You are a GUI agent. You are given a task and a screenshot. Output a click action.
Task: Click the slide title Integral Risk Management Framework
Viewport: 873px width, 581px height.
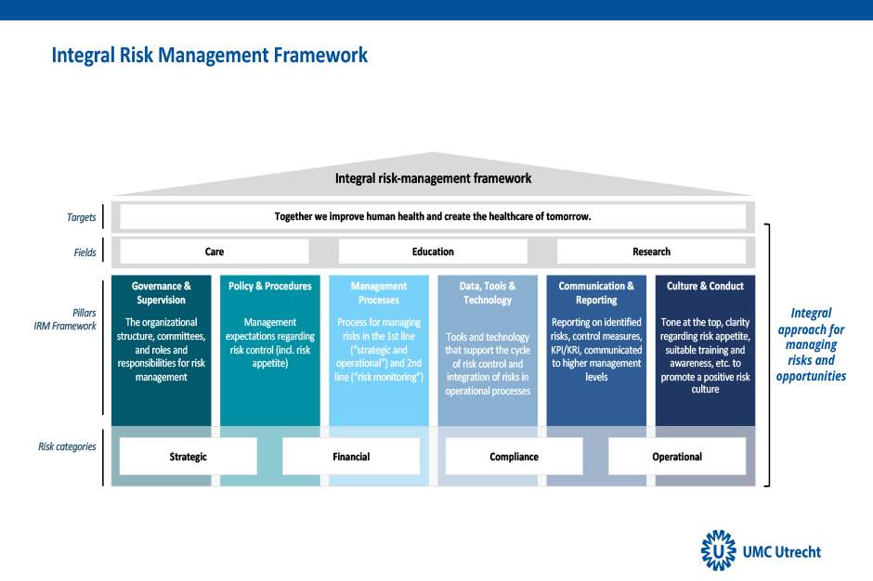pos(209,56)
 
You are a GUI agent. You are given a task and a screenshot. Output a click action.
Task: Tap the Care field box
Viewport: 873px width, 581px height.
pos(215,252)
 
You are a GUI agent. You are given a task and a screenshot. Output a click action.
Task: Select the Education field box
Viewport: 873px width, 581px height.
pos(433,252)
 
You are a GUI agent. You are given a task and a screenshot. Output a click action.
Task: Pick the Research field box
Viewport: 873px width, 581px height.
pos(651,252)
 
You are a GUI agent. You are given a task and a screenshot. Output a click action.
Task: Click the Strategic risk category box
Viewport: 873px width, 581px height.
pos(189,457)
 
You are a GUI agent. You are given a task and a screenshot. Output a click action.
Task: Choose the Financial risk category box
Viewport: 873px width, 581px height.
pos(351,457)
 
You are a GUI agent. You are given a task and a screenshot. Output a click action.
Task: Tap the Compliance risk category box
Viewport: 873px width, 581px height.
pos(514,457)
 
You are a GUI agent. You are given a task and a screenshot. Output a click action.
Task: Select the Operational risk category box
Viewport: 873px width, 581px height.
pos(677,457)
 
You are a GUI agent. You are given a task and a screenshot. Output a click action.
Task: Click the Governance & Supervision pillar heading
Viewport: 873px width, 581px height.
pos(162,292)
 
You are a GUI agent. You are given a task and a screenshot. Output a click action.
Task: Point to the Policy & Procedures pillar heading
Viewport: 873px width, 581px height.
pos(270,286)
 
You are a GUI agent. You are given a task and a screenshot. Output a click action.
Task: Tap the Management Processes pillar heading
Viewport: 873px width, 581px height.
pos(379,292)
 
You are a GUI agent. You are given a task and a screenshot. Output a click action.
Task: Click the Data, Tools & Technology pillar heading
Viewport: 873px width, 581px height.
pos(488,292)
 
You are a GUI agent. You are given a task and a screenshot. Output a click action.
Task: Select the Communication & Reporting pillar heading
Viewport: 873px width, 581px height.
pos(596,292)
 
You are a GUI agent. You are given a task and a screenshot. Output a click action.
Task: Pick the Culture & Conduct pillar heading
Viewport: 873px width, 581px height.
pos(706,286)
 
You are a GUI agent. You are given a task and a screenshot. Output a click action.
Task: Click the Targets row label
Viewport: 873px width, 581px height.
pos(82,217)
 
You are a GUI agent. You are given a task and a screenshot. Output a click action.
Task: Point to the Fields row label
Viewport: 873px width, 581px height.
pos(85,252)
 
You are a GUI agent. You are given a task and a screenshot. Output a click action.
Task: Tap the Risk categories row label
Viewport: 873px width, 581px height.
pos(67,446)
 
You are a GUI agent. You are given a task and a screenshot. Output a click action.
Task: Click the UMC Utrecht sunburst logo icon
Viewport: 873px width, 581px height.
pos(718,550)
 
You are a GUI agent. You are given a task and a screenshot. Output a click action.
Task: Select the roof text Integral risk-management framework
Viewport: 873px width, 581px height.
pos(433,178)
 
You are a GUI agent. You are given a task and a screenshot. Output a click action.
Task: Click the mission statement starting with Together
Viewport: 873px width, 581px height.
pos(433,216)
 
